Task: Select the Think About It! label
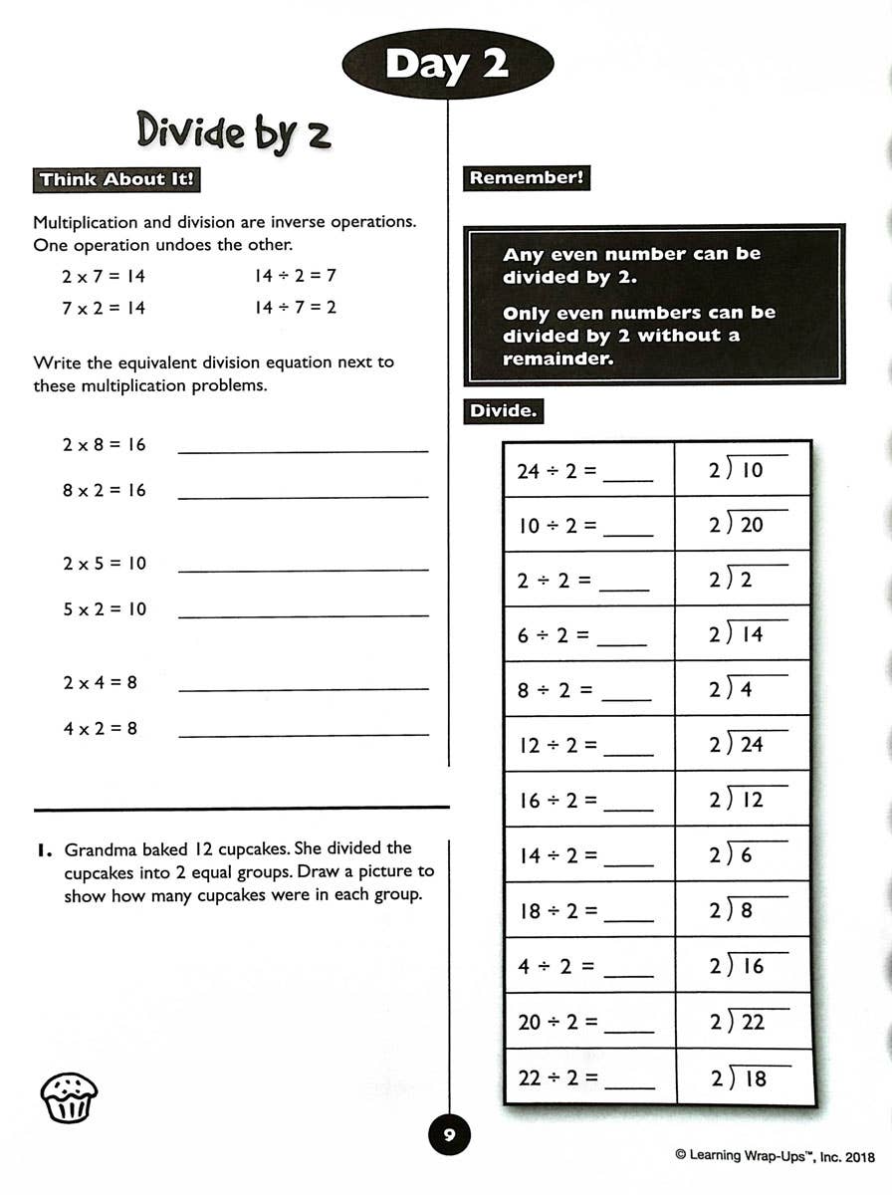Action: tap(117, 180)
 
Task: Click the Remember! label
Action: tap(527, 178)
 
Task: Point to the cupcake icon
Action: tap(69, 1097)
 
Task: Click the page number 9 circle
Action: tap(449, 1134)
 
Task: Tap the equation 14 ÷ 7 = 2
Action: tap(296, 307)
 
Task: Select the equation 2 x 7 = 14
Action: tap(104, 277)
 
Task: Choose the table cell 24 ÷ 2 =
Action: tap(589, 469)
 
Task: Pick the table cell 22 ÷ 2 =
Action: tap(589, 1076)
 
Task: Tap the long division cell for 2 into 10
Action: tap(743, 469)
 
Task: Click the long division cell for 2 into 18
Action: tap(743, 1076)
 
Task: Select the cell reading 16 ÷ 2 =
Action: tap(589, 800)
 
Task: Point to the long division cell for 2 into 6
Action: tap(743, 854)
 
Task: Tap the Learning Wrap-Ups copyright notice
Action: tap(775, 1155)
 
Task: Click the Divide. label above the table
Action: tap(504, 410)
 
